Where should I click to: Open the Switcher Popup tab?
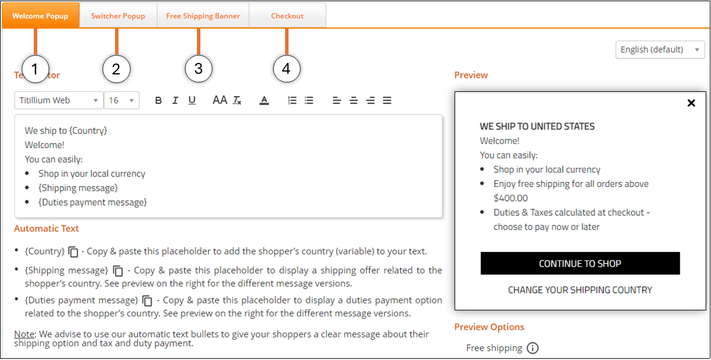pyautogui.click(x=118, y=15)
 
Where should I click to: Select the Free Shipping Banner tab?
pyautogui.click(x=203, y=15)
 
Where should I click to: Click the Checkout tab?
pyautogui.click(x=287, y=15)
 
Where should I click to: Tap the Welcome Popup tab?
pyautogui.click(x=40, y=15)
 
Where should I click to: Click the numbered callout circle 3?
pyautogui.click(x=199, y=69)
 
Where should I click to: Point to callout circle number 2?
pyautogui.click(x=116, y=69)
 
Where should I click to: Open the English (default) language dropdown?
pyautogui.click(x=660, y=50)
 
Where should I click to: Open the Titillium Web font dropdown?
pyautogui.click(x=59, y=100)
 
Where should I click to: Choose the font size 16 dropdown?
pyautogui.click(x=121, y=100)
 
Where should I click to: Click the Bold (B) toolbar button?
pyautogui.click(x=159, y=101)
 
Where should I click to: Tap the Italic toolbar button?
pyautogui.click(x=175, y=101)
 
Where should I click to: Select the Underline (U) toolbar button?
pyautogui.click(x=192, y=101)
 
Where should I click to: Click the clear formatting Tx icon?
pyautogui.click(x=237, y=101)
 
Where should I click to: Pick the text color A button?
pyautogui.click(x=264, y=101)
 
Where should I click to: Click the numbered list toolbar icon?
pyautogui.click(x=292, y=101)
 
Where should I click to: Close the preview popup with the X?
pyautogui.click(x=691, y=103)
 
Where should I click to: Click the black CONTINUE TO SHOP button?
pyautogui.click(x=580, y=263)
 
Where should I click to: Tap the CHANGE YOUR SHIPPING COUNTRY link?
pyautogui.click(x=580, y=290)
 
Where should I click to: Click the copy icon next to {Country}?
pyautogui.click(x=73, y=252)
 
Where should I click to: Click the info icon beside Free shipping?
pyautogui.click(x=532, y=348)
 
